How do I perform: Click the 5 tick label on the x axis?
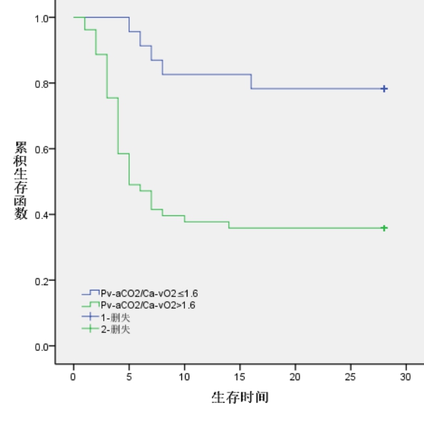click(129, 376)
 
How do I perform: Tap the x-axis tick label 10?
click(184, 376)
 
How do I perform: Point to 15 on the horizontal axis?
click(240, 376)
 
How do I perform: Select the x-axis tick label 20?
click(295, 376)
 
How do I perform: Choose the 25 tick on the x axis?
click(351, 376)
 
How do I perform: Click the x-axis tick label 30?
click(406, 376)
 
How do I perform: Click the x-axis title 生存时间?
click(240, 398)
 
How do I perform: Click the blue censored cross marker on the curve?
click(384, 89)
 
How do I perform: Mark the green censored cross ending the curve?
click(384, 228)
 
